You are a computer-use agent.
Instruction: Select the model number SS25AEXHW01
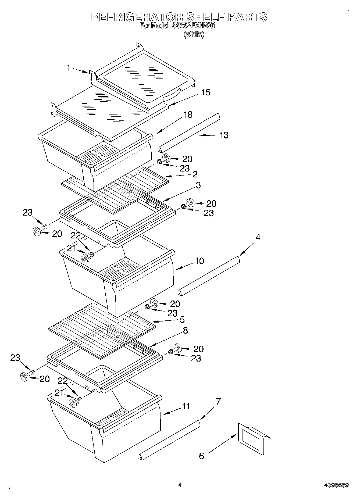(x=193, y=26)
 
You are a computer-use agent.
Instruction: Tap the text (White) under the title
(x=194, y=34)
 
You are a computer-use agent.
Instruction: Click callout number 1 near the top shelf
(x=69, y=68)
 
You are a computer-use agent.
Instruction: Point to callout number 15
(x=206, y=92)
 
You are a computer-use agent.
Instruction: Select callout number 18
(x=188, y=115)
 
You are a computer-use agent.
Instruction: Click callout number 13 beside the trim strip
(x=224, y=135)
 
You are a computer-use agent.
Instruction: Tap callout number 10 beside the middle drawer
(x=199, y=261)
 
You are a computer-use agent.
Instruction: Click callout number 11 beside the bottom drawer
(x=186, y=406)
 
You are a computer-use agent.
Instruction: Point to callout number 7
(x=218, y=402)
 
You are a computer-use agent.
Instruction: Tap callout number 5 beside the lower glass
(x=182, y=320)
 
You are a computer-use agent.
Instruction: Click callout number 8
(x=185, y=330)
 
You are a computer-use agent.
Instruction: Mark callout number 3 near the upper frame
(x=198, y=185)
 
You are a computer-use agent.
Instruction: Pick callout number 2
(x=195, y=174)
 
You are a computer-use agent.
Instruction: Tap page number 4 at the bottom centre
(x=179, y=485)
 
